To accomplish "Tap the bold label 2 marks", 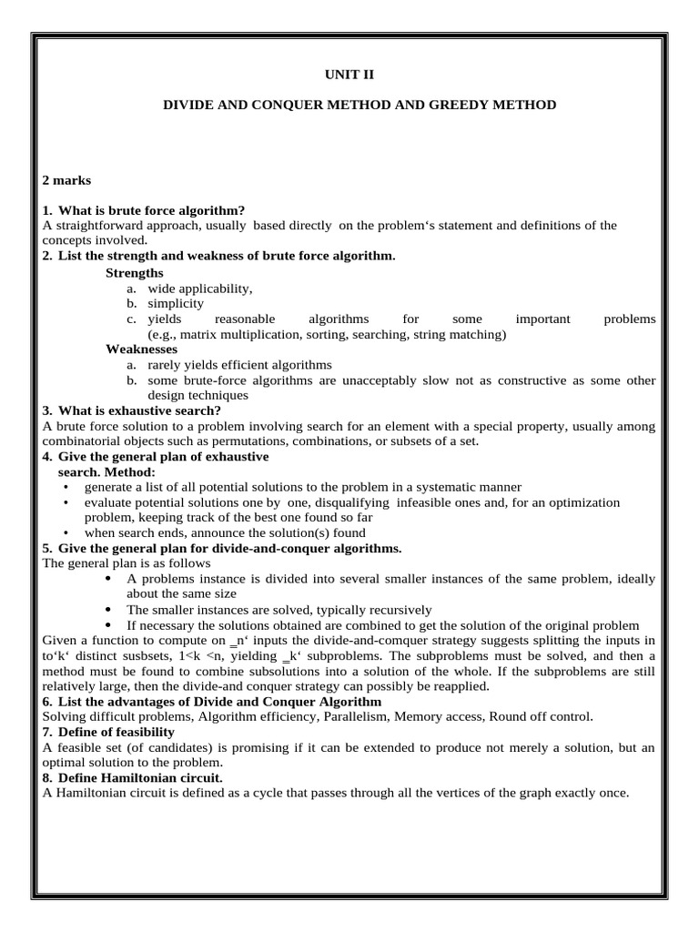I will [x=67, y=180].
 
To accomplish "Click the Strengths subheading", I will [x=135, y=272].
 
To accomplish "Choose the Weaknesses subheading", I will [x=142, y=349].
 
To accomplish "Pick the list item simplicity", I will [x=176, y=303].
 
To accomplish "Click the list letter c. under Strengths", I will [x=132, y=319].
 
